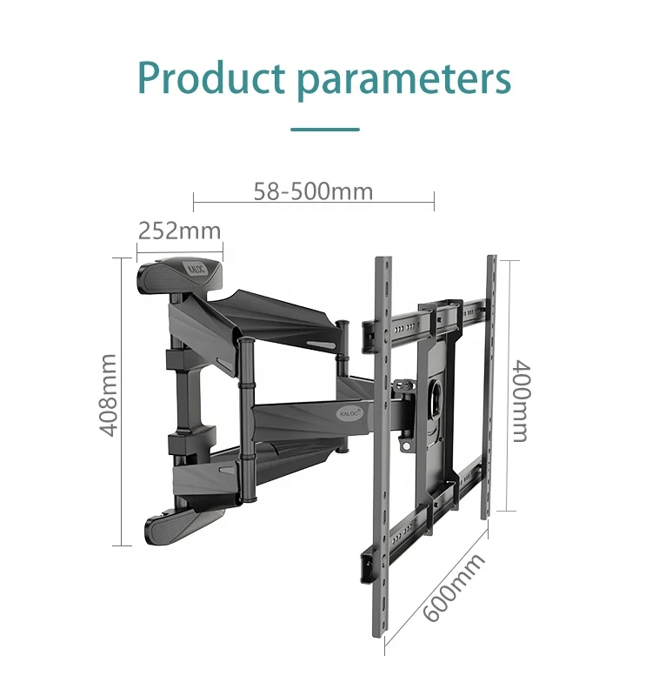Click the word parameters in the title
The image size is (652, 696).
pyautogui.click(x=403, y=80)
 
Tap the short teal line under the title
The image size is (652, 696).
pyautogui.click(x=325, y=130)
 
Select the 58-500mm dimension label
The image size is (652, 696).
pyautogui.click(x=313, y=191)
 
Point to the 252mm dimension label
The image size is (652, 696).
pyautogui.click(x=179, y=231)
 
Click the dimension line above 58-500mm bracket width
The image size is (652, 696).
pyautogui.click(x=313, y=204)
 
